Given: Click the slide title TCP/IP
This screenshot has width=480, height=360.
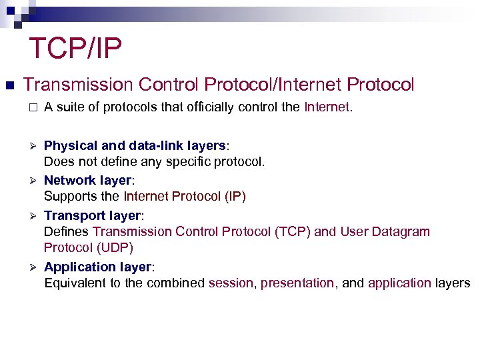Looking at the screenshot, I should coord(75,49).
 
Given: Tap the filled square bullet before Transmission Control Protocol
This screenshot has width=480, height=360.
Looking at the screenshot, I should coord(9,85).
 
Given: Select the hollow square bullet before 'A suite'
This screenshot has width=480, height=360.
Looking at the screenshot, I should coord(30,107).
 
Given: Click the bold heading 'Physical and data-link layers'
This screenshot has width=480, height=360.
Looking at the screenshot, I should coord(134,145).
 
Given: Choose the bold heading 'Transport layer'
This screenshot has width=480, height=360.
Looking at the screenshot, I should coord(93,215).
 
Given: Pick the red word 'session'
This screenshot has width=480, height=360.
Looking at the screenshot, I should coord(231,283).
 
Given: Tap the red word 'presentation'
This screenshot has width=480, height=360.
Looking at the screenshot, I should coord(297,283).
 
